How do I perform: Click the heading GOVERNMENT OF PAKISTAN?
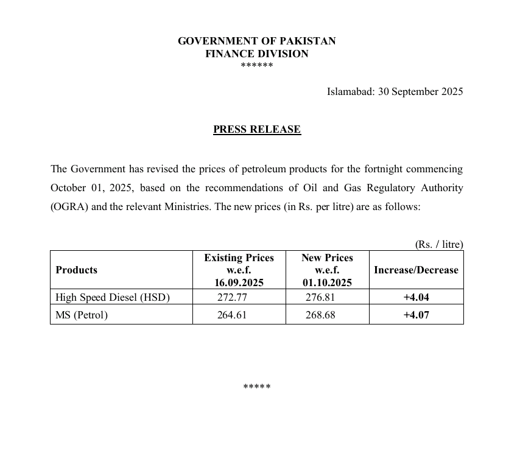(256, 41)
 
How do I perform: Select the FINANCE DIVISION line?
(256, 54)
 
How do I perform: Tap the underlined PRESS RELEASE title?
(256, 130)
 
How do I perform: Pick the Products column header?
(76, 270)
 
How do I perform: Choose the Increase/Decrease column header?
(416, 270)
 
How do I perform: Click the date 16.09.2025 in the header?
(238, 282)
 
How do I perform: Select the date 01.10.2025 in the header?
(327, 282)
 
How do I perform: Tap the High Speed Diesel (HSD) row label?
(113, 297)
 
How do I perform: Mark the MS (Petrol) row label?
(82, 315)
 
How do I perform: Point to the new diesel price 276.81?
(320, 297)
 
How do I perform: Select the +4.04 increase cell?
(416, 297)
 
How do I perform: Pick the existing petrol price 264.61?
(232, 315)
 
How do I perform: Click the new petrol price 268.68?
(320, 315)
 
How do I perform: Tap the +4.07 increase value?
(416, 315)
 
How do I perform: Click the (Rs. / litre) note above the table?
(439, 244)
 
